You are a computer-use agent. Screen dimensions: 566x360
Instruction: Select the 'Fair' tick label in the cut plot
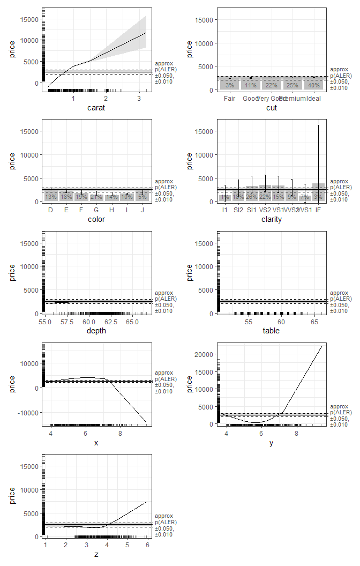pos(229,99)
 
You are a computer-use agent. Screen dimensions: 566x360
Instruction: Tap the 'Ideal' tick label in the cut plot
pos(314,99)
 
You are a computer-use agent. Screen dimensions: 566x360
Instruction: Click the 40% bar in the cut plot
pos(314,85)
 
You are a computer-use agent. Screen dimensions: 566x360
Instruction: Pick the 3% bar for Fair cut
pos(229,85)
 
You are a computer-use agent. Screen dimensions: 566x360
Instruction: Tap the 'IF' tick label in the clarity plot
pos(318,210)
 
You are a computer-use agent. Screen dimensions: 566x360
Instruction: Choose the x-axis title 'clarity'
pos(272,219)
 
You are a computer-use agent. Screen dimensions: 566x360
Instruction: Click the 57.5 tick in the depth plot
pos(67,322)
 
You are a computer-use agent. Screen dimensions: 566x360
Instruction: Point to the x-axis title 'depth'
pos(96,331)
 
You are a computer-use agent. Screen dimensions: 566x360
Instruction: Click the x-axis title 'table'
pos(272,331)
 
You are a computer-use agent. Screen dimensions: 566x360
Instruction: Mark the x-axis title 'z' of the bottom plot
pos(96,554)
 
